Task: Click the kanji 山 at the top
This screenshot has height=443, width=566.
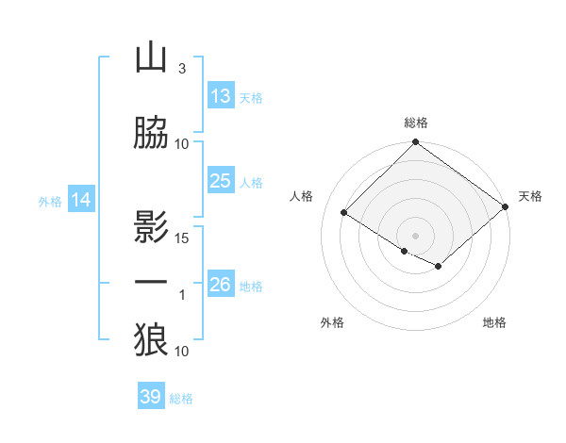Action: [151, 58]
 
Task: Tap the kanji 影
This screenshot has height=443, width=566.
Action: [151, 226]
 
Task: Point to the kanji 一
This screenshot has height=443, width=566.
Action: [151, 283]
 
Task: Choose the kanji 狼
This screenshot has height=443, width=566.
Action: [151, 340]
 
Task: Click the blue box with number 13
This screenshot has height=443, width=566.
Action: [221, 96]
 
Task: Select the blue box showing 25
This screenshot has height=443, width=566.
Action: [221, 181]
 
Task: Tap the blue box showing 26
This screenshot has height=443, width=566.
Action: [221, 285]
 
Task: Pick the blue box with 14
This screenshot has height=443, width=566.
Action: [81, 200]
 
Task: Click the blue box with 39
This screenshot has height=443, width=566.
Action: [151, 397]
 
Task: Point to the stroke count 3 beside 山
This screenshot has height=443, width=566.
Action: [181, 69]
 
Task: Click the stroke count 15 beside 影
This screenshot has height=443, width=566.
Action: [182, 238]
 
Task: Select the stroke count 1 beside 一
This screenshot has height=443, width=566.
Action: [182, 295]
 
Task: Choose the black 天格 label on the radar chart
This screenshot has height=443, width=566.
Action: [530, 196]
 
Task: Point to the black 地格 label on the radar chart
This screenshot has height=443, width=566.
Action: [494, 322]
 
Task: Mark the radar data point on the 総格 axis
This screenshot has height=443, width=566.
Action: [415, 143]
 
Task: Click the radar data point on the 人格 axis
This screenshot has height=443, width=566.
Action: [344, 211]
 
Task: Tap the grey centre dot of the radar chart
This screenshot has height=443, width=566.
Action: [415, 234]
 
